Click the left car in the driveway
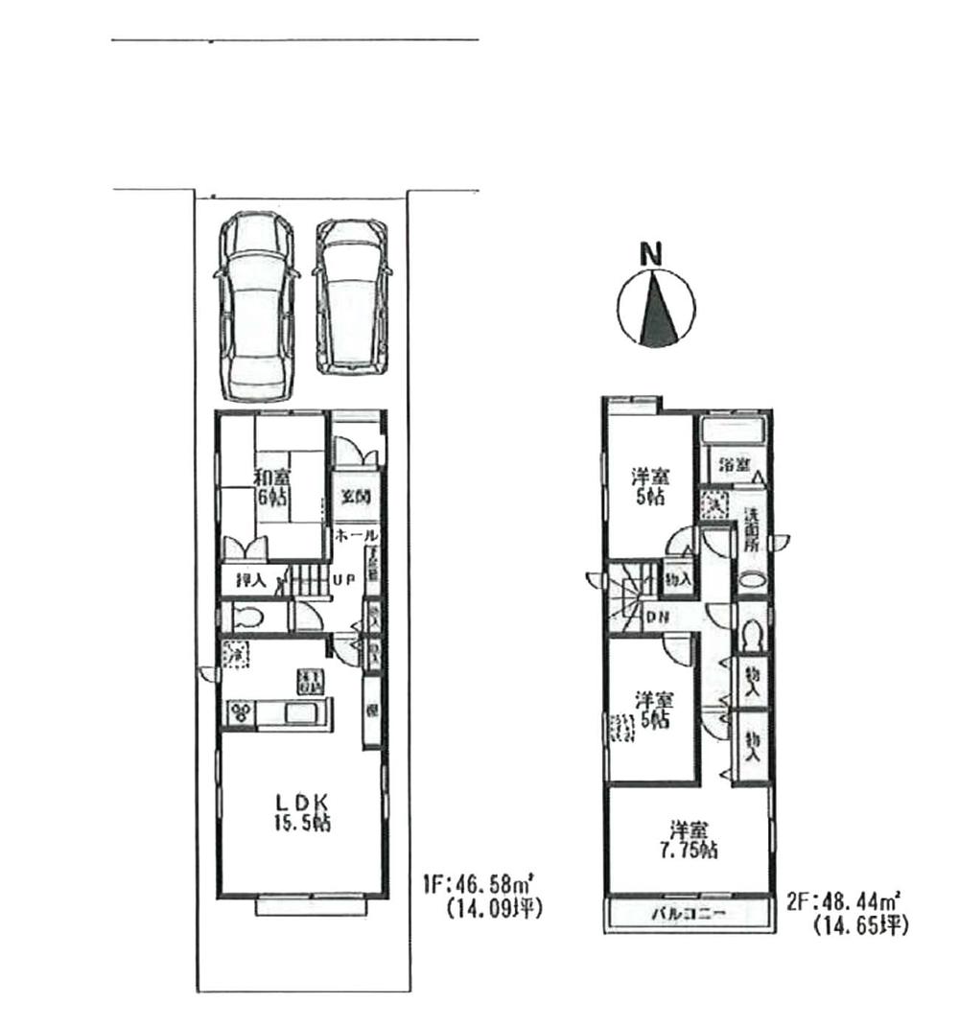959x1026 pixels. pos(255,307)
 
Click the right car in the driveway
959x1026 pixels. pos(353,297)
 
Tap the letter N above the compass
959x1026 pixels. pos(652,255)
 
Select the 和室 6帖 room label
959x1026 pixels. pos(273,486)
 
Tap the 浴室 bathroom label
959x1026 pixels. pos(736,463)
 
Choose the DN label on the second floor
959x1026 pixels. pos(658,616)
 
